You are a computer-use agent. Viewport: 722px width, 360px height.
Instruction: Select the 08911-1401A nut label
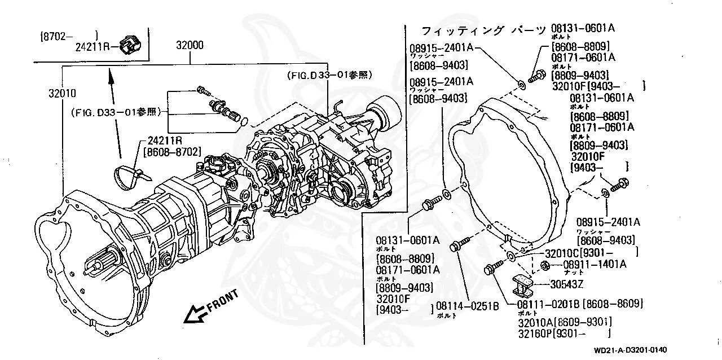point(595,264)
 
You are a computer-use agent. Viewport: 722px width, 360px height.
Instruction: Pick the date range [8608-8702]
point(172,151)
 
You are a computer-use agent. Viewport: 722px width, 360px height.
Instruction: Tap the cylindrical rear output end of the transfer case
point(388,112)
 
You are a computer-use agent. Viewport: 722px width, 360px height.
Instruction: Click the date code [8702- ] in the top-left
point(69,36)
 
